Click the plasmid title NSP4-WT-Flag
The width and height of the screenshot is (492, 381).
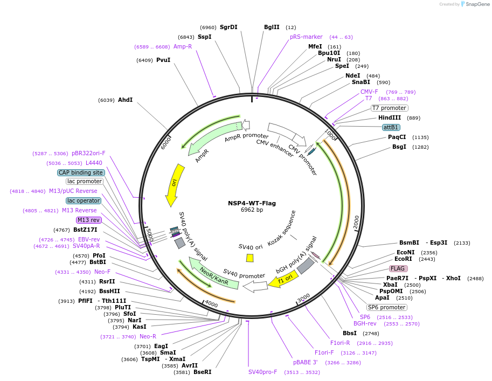pos(252,203)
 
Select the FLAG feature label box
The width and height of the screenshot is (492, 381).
pos(398,268)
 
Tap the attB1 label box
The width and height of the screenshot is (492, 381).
pos(391,127)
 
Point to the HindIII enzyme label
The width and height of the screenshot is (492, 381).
pos(390,117)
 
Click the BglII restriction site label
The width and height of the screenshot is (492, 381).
pos(272,27)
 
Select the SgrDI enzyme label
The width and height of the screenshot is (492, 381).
pos(228,27)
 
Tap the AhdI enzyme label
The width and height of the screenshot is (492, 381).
pos(125,100)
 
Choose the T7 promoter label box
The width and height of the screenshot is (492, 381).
pos(390,108)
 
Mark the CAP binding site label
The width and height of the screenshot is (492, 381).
pos(81,172)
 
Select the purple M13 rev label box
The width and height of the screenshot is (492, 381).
pos(88,220)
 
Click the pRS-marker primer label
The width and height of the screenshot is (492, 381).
pos(306,37)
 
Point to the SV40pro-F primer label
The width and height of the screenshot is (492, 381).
pos(262,372)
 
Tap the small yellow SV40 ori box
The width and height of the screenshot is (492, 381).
pos(250,258)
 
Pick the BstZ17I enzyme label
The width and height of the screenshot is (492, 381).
pos(86,230)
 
